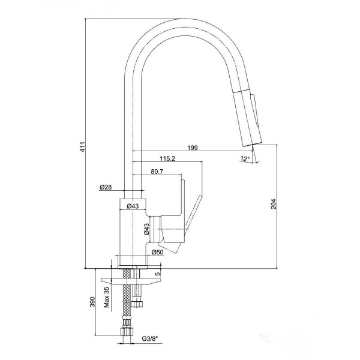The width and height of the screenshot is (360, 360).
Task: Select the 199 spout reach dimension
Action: pyautogui.click(x=193, y=146)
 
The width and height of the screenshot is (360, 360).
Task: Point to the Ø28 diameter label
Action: pyautogui.click(x=106, y=188)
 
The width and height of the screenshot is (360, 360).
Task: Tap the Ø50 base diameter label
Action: pyautogui.click(x=157, y=253)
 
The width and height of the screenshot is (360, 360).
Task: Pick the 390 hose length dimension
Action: pyautogui.click(x=92, y=302)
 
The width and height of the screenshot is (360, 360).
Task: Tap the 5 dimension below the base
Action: pyautogui.click(x=158, y=274)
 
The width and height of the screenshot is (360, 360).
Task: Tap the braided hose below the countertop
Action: pyautogui.click(x=127, y=300)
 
